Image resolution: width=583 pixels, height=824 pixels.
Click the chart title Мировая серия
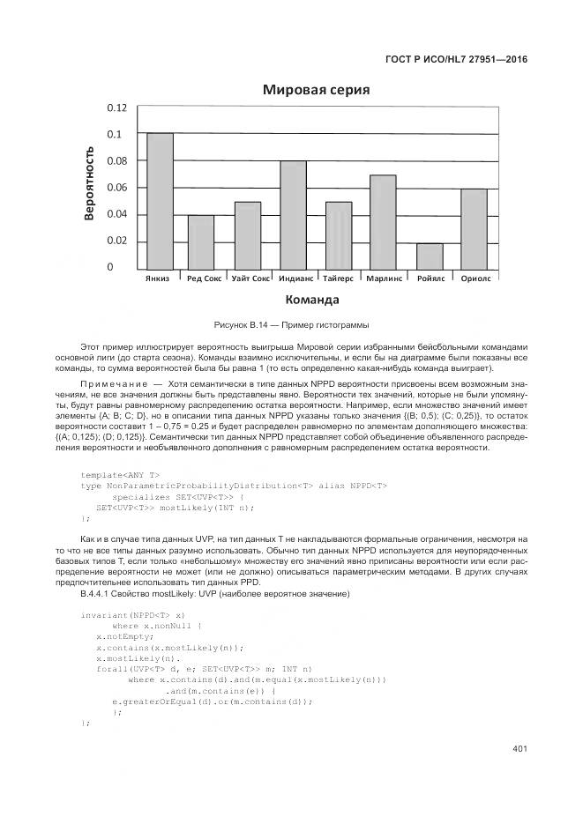[315, 90]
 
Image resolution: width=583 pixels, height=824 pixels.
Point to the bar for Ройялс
[429, 256]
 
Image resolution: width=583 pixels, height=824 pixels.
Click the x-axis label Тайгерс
[338, 278]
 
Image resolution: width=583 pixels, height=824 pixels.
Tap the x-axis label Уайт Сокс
[250, 278]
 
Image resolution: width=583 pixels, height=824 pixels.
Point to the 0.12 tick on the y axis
[116, 108]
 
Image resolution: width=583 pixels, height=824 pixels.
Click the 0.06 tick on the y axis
[116, 188]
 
